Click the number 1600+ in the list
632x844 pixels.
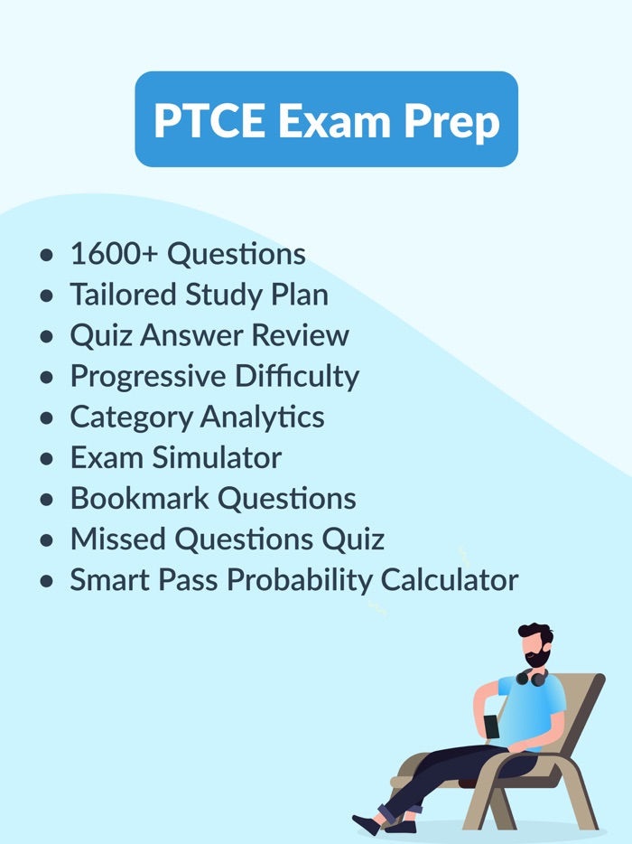(x=115, y=254)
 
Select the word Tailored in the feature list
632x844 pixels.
(x=124, y=295)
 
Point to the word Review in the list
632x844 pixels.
(x=300, y=335)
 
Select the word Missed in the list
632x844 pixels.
(x=118, y=539)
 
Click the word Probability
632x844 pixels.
(x=299, y=579)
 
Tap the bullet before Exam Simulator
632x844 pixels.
(x=48, y=459)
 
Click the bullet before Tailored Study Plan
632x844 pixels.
(x=48, y=296)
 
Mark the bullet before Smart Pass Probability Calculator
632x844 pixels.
(x=48, y=581)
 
